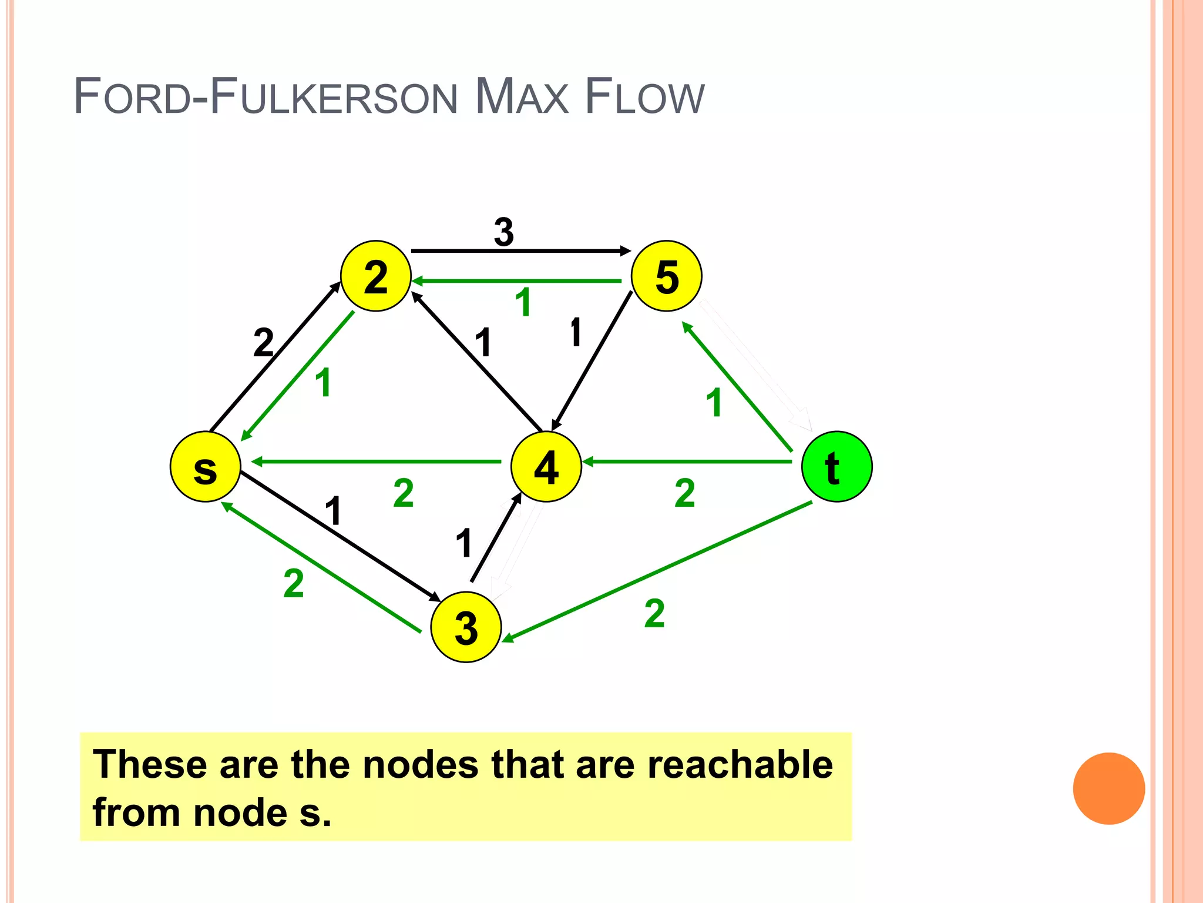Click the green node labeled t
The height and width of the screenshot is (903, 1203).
pyautogui.click(x=836, y=467)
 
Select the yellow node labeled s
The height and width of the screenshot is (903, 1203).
pyautogui.click(x=205, y=467)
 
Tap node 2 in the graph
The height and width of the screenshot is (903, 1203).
pyautogui.click(x=376, y=276)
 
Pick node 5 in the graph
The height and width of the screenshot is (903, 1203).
pyautogui.click(x=667, y=276)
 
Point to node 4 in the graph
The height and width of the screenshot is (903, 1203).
pyautogui.click(x=546, y=467)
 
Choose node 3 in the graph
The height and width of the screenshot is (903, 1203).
pyautogui.click(x=466, y=627)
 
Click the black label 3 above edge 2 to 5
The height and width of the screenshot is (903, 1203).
pyautogui.click(x=504, y=232)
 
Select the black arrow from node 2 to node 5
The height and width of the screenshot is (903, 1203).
pyautogui.click(x=520, y=251)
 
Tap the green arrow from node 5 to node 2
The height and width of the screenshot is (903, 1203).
pyautogui.click(x=517, y=281)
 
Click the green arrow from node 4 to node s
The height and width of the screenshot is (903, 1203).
pyautogui.click(x=376, y=461)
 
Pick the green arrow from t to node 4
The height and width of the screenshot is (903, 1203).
pyautogui.click(x=687, y=461)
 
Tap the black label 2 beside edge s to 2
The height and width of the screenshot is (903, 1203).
pyautogui.click(x=264, y=343)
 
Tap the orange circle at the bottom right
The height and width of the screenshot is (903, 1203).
pyautogui.click(x=1108, y=788)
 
